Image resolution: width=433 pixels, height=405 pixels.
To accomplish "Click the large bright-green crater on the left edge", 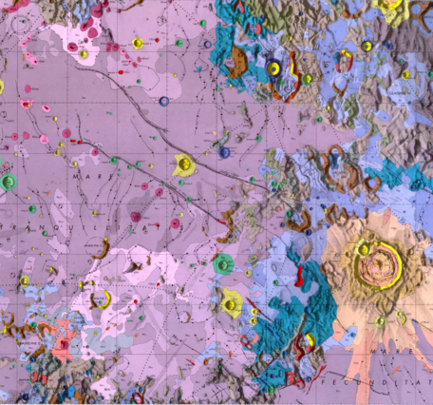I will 9,180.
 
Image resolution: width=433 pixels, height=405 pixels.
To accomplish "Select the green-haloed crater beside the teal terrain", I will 224,263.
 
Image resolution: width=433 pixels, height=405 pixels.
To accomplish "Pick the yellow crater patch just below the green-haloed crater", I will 230,304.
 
